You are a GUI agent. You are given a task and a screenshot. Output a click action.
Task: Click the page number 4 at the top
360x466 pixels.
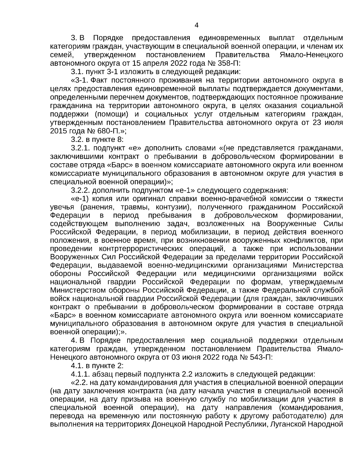pyautogui.click(x=196, y=25)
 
